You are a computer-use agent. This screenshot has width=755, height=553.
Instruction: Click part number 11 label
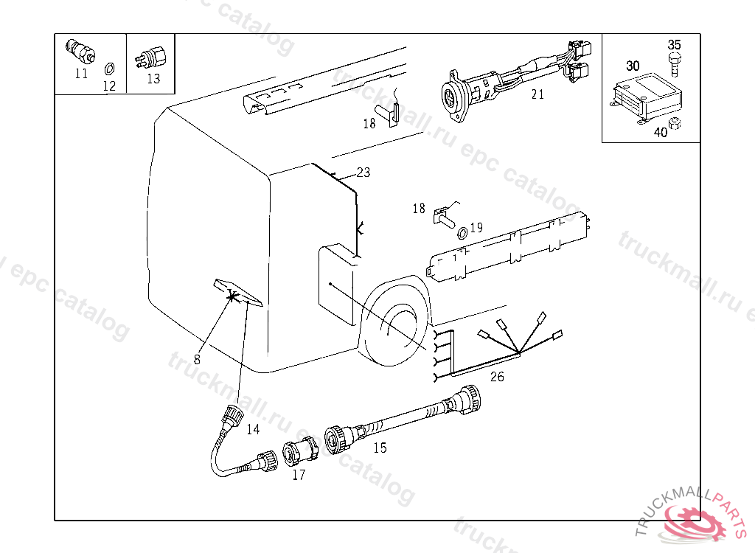tap(81, 74)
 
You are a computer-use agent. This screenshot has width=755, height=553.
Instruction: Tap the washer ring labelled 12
tap(110, 69)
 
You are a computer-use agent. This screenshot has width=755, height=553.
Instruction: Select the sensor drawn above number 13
tap(150, 58)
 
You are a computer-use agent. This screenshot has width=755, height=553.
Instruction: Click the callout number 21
tap(537, 94)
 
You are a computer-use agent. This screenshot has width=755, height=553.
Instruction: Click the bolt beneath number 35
tap(674, 64)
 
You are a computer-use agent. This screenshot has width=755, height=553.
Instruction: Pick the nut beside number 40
tap(675, 123)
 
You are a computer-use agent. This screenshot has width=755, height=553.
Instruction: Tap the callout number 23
tap(363, 173)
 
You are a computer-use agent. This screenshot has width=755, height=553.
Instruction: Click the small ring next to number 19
tap(462, 233)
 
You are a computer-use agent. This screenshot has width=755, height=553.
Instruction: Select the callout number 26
tap(497, 376)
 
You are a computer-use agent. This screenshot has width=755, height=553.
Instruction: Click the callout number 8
tap(196, 359)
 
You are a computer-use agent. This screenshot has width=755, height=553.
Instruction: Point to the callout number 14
tap(254, 428)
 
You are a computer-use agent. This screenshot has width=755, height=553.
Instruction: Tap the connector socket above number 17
tap(300, 451)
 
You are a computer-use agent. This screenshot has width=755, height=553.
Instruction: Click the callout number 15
tap(380, 448)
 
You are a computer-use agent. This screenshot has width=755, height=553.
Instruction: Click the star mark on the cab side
tap(233, 297)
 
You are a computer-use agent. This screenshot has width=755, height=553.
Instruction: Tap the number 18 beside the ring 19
tap(419, 209)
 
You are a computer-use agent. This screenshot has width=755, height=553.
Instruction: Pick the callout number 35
tap(674, 45)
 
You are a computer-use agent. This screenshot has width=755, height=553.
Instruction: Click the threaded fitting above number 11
tap(80, 51)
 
